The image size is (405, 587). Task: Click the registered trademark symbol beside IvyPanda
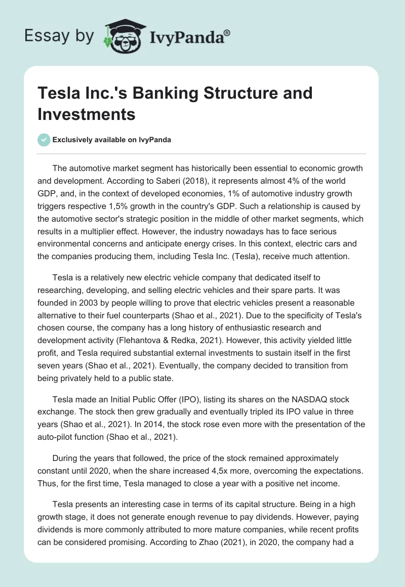coord(227,32)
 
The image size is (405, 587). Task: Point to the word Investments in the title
coord(87,114)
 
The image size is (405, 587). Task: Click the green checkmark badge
coord(44,140)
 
